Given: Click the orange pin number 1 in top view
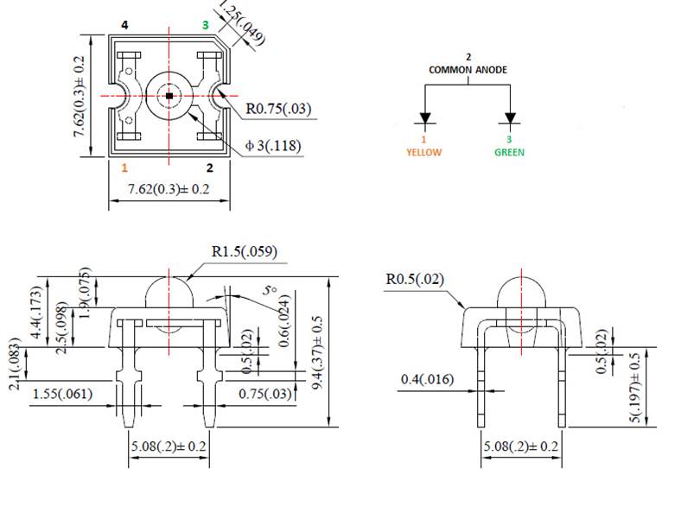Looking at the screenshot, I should tap(124, 168).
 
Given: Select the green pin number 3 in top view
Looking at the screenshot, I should tap(205, 25).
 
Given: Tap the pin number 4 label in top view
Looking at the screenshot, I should tap(124, 25).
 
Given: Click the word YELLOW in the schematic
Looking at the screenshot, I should tap(423, 152).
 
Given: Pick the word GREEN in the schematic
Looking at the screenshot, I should tap(509, 152).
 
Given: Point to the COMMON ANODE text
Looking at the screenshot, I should tap(468, 70).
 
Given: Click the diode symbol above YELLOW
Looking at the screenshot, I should tap(424, 118).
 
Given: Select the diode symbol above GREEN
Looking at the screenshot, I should tap(510, 118).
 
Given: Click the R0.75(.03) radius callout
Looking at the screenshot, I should tap(278, 110).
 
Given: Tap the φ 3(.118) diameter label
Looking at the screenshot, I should tap(273, 146).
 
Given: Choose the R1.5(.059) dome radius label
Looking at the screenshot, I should tap(244, 253).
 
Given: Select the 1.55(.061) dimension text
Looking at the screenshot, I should tap(63, 395).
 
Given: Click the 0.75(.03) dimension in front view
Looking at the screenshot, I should tap(265, 395).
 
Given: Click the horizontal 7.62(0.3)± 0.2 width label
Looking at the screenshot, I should tap(169, 188).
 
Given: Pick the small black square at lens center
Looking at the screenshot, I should tap(169, 95).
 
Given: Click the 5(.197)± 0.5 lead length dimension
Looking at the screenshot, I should tap(637, 388).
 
